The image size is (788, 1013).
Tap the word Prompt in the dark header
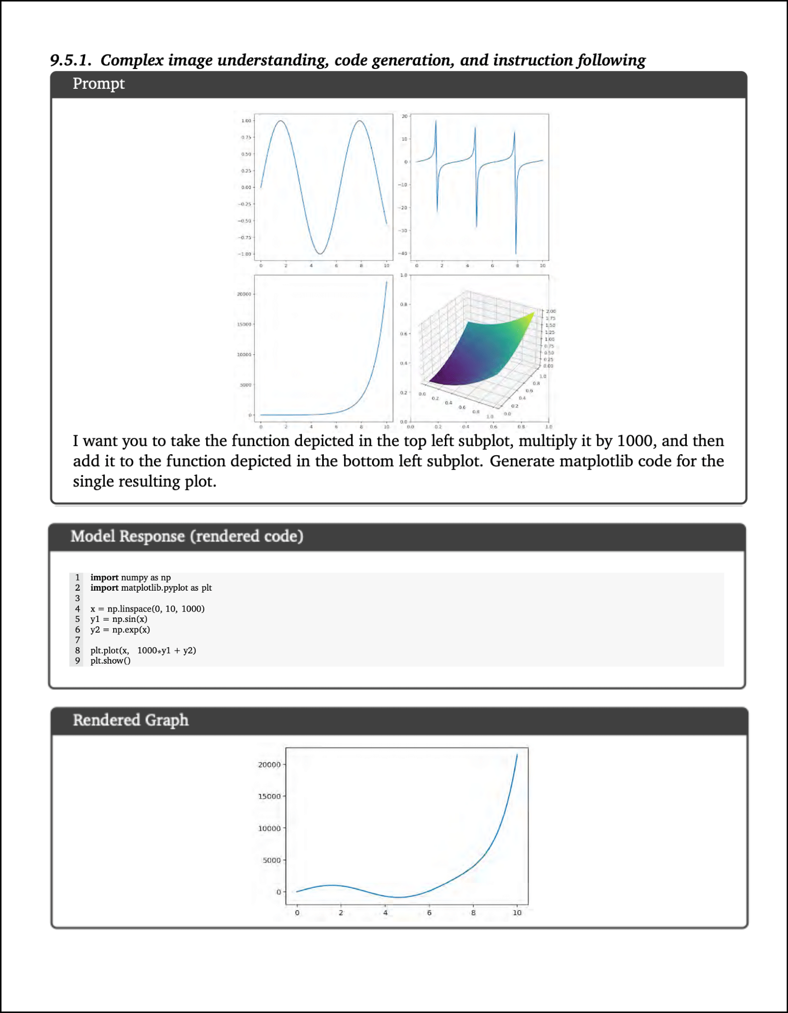coord(98,84)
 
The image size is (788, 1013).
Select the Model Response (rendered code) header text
coord(187,537)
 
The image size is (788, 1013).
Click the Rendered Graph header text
coord(131,720)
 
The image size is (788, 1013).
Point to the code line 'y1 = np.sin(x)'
coord(119,619)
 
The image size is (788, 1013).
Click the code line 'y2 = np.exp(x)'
coord(120,629)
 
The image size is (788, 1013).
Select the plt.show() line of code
coord(110,661)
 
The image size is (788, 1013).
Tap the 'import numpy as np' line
coord(130,577)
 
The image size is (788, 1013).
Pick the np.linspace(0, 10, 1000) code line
coord(147,608)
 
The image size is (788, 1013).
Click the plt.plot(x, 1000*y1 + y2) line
coord(143,650)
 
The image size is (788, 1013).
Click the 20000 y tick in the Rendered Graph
coord(269,765)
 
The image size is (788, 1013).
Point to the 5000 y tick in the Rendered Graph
coord(272,860)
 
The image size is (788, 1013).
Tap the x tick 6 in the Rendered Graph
coord(429,913)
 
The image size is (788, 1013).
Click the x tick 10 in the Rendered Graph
coord(517,913)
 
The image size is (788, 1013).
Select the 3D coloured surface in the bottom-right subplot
coord(477,352)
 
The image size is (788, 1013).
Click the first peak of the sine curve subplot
coord(281,121)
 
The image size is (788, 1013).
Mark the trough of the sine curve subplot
coord(320,254)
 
